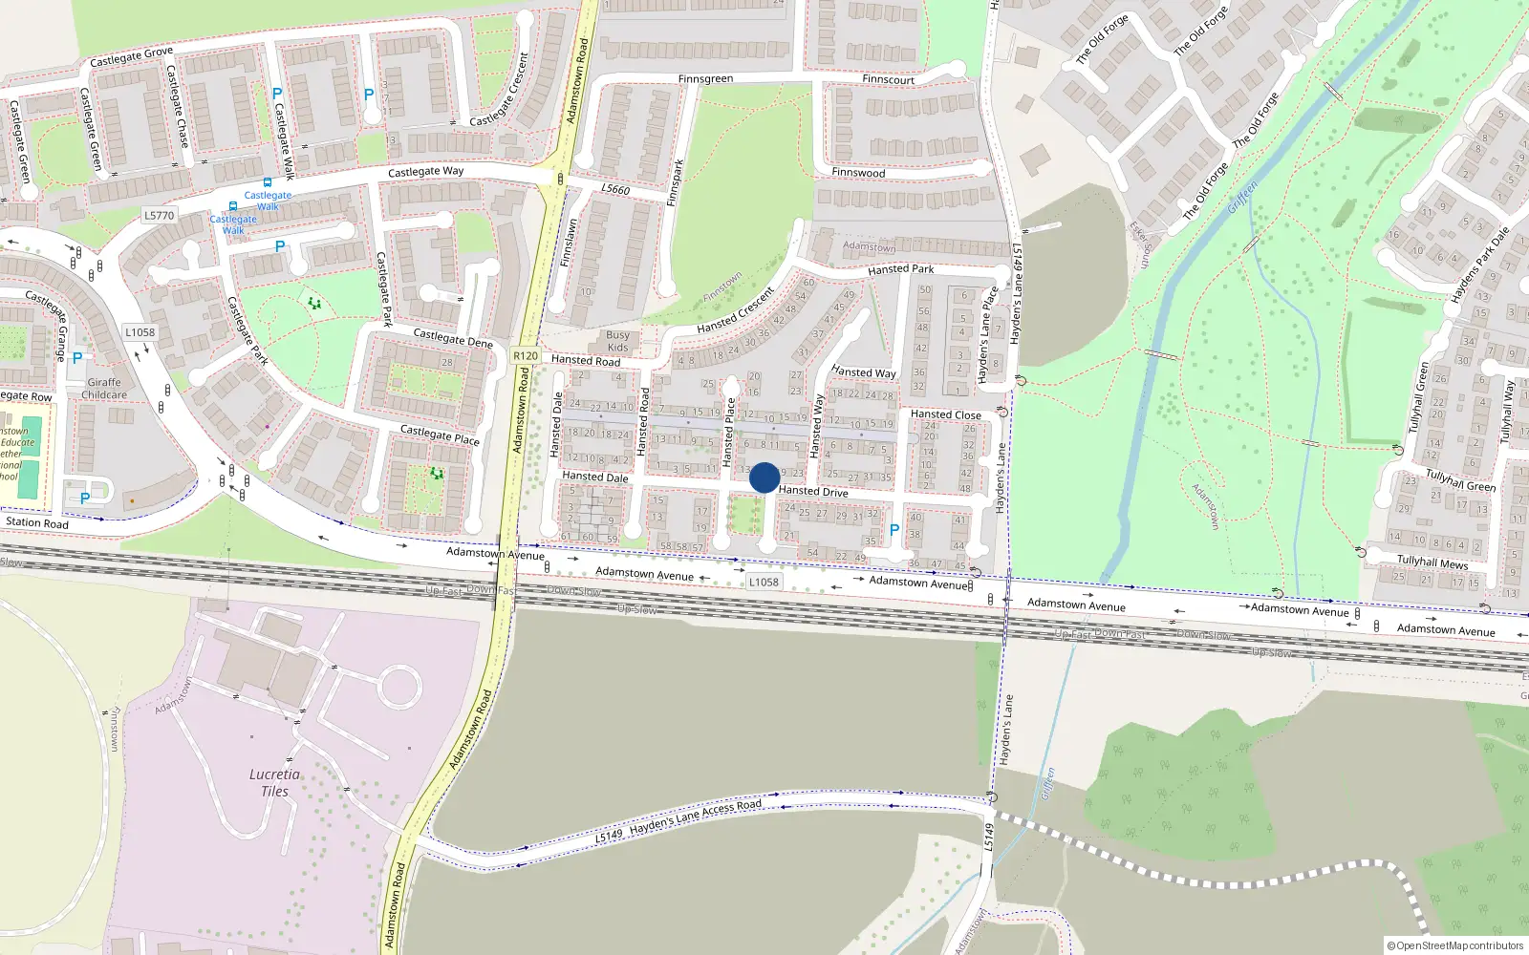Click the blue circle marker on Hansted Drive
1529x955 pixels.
[x=764, y=477]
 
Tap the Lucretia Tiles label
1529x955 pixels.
[x=274, y=782]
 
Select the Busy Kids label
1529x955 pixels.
[x=617, y=341]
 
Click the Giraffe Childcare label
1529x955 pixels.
[x=104, y=389]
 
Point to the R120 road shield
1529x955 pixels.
[x=525, y=355]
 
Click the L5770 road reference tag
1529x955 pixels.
[x=160, y=215]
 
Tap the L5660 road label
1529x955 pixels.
[x=615, y=189]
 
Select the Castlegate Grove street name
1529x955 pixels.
[x=131, y=57]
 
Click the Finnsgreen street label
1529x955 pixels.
[x=705, y=78]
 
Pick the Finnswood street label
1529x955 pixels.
[x=858, y=173]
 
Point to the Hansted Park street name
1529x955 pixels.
[x=900, y=269]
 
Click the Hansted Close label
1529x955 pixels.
[x=945, y=414]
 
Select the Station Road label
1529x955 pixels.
[x=37, y=522]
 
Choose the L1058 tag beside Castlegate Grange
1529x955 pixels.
[x=140, y=332]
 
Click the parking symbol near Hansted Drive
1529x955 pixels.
[x=894, y=529]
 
